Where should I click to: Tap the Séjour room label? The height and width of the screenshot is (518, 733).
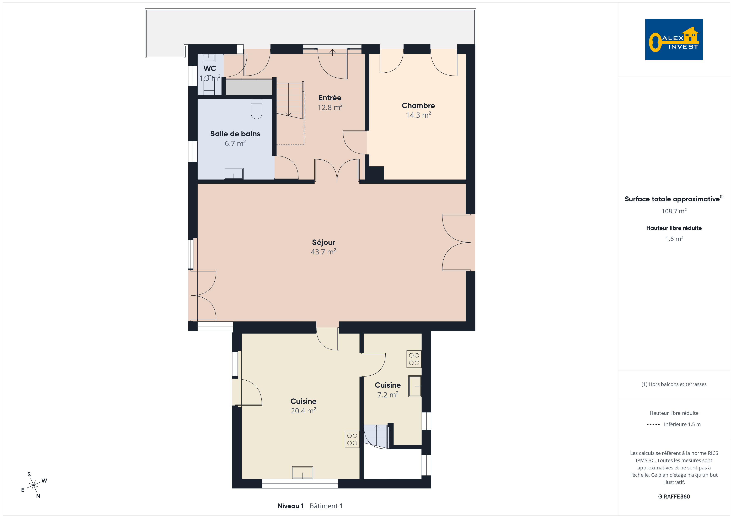323,242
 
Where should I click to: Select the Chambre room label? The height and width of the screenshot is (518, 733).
418,106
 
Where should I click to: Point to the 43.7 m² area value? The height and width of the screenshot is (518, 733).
323,252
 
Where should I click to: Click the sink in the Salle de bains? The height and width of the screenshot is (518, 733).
234,173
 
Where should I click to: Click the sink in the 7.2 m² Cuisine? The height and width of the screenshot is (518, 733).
415,386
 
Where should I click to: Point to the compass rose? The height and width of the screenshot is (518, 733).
33,485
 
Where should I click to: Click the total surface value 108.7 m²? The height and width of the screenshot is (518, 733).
674,211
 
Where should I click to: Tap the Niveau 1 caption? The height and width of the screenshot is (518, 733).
290,506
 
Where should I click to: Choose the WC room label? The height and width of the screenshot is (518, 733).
210,68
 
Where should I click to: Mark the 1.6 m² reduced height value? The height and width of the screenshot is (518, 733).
674,239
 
